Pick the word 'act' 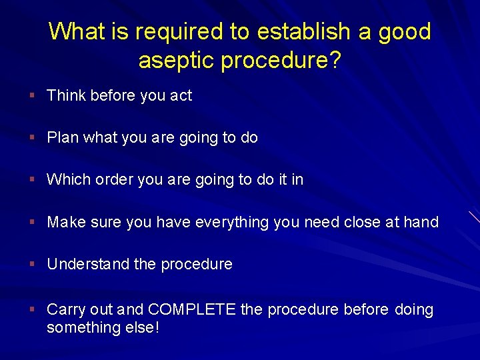point(181,95)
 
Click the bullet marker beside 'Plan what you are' point(32,138)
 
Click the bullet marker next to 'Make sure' point(32,222)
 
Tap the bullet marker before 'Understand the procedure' point(32,265)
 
